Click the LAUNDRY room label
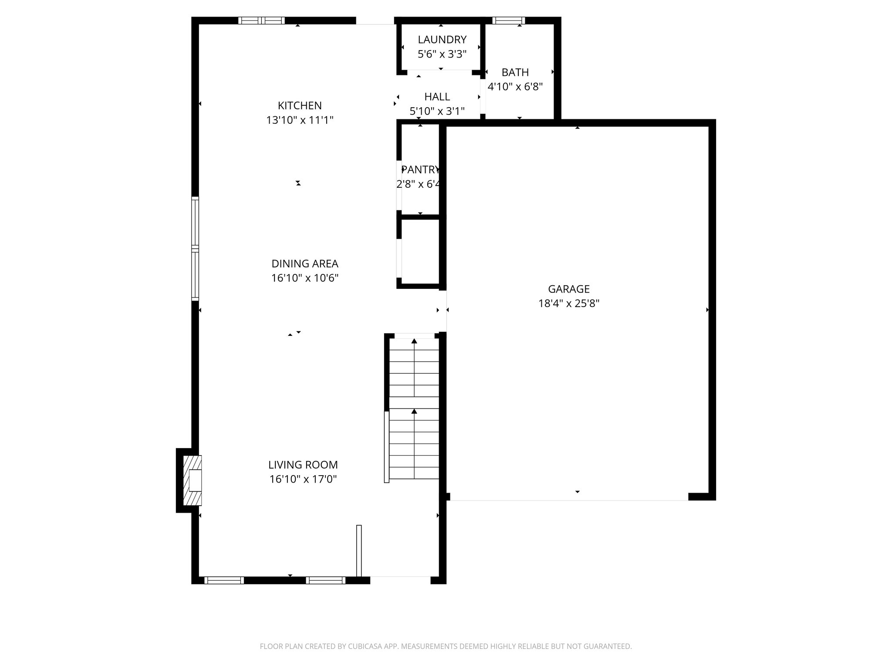pyautogui.click(x=442, y=40)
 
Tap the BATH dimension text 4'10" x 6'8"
pyautogui.click(x=515, y=87)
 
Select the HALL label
pyautogui.click(x=437, y=97)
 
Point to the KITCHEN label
pyautogui.click(x=300, y=105)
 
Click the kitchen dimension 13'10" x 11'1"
pyautogui.click(x=300, y=120)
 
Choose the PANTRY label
pyautogui.click(x=420, y=169)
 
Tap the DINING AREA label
pyautogui.click(x=304, y=264)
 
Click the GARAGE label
pyautogui.click(x=568, y=289)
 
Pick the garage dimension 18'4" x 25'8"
pyautogui.click(x=568, y=303)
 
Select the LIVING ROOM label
pyautogui.click(x=303, y=465)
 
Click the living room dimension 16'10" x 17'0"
pyautogui.click(x=303, y=479)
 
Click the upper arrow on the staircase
pyautogui.click(x=414, y=341)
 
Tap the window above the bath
pyautogui.click(x=508, y=20)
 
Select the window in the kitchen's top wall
pyautogui.click(x=261, y=20)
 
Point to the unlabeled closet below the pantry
pyautogui.click(x=420, y=252)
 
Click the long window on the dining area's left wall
pyautogui.click(x=195, y=249)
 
